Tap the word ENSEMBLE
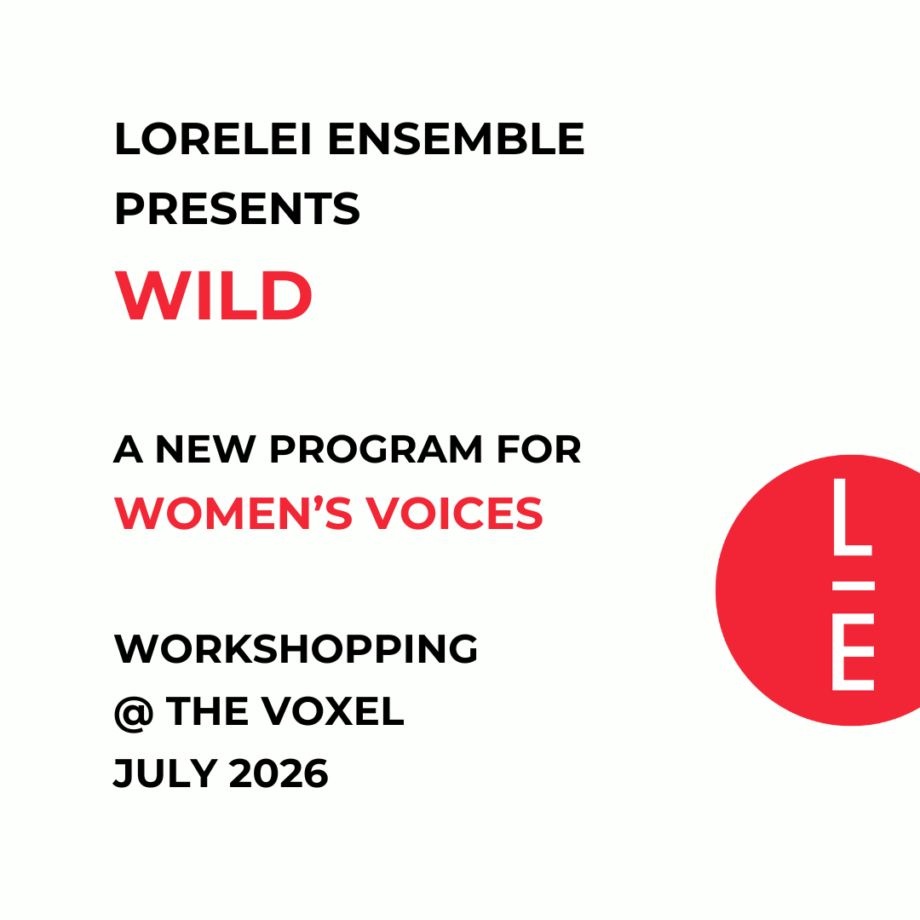tap(456, 140)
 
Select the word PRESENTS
tap(237, 210)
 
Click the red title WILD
tap(214, 296)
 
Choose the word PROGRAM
tap(377, 450)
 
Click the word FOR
tap(540, 450)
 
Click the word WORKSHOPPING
tap(296, 650)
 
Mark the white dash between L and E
tap(852, 585)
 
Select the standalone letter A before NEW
tap(128, 450)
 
